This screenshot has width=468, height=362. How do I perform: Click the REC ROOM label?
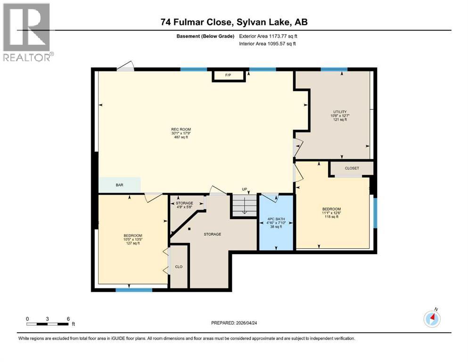(x=181, y=129)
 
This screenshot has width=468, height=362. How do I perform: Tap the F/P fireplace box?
(x=229, y=75)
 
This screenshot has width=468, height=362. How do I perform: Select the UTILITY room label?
(x=339, y=111)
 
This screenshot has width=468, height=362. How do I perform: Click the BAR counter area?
(x=119, y=185)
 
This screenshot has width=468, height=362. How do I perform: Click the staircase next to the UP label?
(x=244, y=206)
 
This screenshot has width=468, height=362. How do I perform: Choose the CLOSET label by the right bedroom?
(x=352, y=168)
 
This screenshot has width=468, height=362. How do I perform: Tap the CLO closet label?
(x=179, y=267)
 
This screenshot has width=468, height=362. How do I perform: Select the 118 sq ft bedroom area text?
(x=331, y=217)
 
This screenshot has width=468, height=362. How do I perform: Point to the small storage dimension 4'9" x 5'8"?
(x=184, y=206)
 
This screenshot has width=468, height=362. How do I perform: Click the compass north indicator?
(x=432, y=319)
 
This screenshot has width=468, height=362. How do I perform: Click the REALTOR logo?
(x=27, y=32)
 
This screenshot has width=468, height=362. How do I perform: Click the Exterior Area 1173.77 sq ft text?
(x=268, y=36)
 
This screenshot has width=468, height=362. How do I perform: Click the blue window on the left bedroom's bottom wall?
(x=128, y=289)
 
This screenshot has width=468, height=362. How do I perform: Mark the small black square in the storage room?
(x=189, y=229)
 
